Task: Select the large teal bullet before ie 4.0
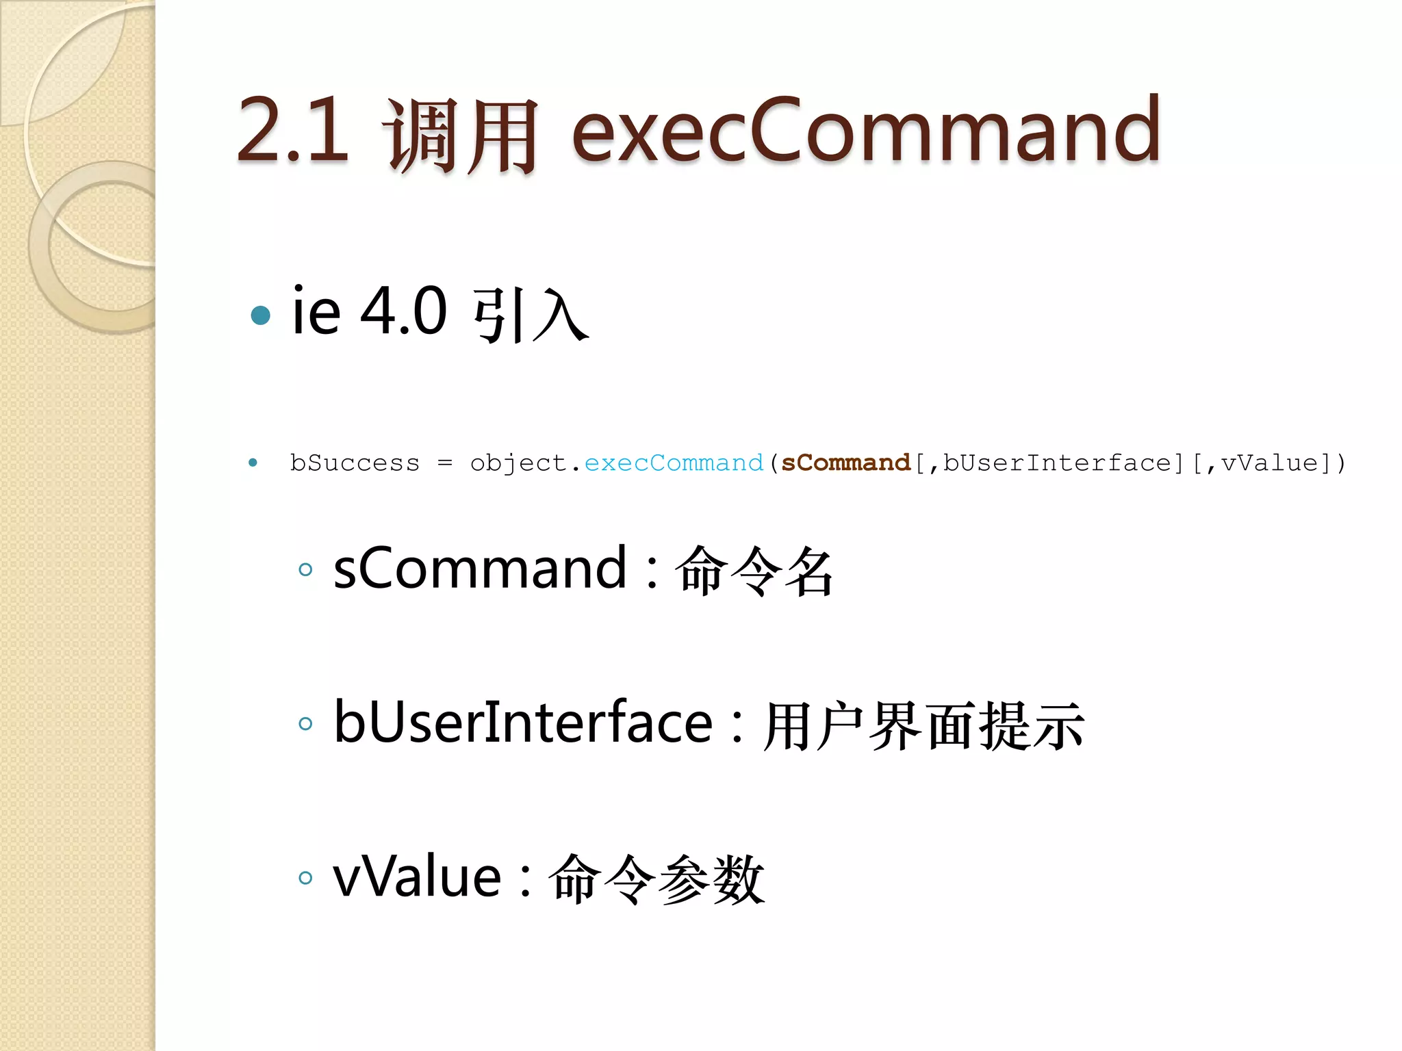[x=260, y=315]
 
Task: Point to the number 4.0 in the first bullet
[x=403, y=312]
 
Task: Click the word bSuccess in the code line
[x=355, y=463]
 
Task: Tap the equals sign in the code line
[x=445, y=463]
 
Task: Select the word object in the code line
[x=519, y=463]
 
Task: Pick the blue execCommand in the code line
[x=674, y=463]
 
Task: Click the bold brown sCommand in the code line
[x=846, y=463]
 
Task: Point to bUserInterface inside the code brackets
[x=1058, y=463]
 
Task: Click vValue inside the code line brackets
[x=1270, y=463]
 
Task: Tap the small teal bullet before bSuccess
[x=253, y=463]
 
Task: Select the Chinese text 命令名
[x=754, y=571]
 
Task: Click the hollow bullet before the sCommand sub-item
[x=305, y=569]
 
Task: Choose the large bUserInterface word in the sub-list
[x=523, y=723]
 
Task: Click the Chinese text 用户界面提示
[x=923, y=725]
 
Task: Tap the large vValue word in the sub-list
[x=417, y=877]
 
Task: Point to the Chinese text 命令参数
[x=657, y=879]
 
